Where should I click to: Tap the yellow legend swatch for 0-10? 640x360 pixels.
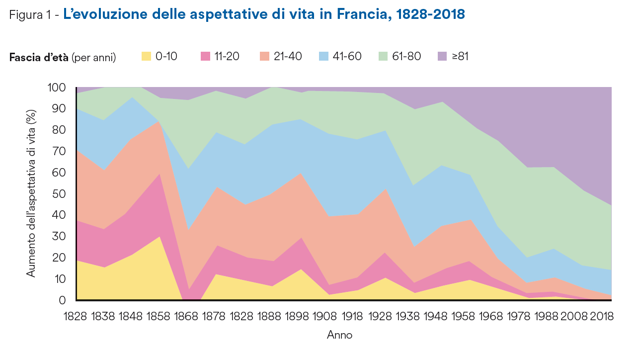pyautogui.click(x=146, y=56)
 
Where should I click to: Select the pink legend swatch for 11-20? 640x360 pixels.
pyautogui.click(x=205, y=56)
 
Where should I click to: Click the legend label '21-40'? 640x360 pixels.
pyautogui.click(x=288, y=56)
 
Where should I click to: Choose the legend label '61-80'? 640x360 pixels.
pyautogui.click(x=406, y=56)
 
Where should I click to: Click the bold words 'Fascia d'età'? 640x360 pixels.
pyautogui.click(x=39, y=57)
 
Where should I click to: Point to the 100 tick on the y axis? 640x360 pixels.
pyautogui.click(x=57, y=88)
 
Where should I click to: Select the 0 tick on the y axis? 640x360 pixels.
pyautogui.click(x=63, y=300)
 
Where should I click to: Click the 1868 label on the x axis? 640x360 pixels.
pyautogui.click(x=184, y=317)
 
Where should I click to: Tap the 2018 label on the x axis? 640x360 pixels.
pyautogui.click(x=599, y=317)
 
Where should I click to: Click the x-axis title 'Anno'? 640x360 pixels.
pyautogui.click(x=340, y=335)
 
